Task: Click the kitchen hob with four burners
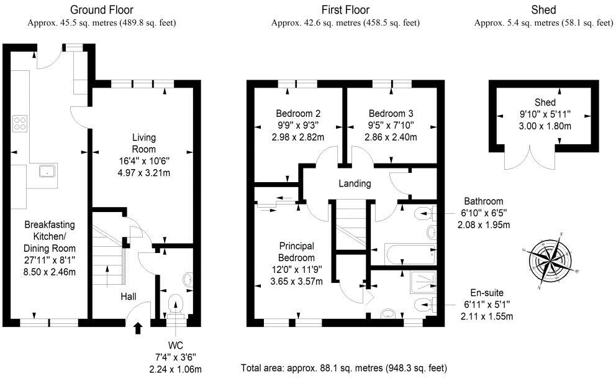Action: [x=20, y=124]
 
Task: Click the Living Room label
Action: [x=143, y=143]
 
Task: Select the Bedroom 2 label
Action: [x=298, y=114]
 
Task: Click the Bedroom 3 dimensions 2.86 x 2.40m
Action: [x=391, y=137]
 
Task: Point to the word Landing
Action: [x=355, y=183]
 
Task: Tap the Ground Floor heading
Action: [x=101, y=10]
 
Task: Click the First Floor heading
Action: [x=345, y=10]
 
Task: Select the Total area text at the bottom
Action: [x=343, y=368]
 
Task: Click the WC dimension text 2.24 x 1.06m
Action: [x=175, y=369]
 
